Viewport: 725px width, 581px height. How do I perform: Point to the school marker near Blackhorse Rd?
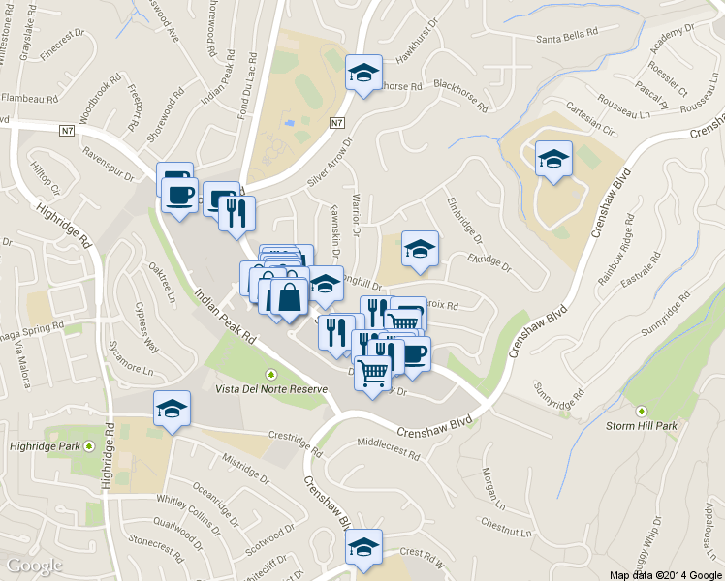click(x=364, y=73)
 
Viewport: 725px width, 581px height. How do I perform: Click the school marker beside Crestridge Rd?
click(x=173, y=409)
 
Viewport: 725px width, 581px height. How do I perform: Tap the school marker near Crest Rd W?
click(x=364, y=548)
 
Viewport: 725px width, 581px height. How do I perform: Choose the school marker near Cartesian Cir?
click(x=554, y=158)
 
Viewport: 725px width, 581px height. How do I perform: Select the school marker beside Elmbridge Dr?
click(x=420, y=249)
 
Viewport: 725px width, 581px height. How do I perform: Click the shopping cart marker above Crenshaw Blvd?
click(x=373, y=372)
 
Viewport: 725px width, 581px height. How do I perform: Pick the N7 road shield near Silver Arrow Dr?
click(x=336, y=123)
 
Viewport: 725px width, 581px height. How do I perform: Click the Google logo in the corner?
click(x=35, y=566)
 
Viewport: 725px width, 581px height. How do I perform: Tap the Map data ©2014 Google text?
click(x=664, y=574)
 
